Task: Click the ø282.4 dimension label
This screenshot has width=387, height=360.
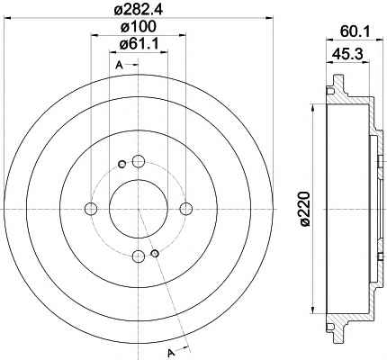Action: tap(139, 9)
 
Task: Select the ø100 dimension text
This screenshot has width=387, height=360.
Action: tap(139, 27)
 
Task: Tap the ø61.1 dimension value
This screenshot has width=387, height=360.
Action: tap(139, 44)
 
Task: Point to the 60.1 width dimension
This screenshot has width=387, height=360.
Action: tap(355, 31)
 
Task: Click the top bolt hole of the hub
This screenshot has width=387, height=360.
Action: tap(139, 161)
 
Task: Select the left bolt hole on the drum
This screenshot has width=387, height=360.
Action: tap(91, 209)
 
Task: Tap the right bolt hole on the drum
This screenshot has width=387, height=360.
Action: tap(185, 209)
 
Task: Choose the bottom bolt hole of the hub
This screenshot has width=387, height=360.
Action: tap(139, 256)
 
